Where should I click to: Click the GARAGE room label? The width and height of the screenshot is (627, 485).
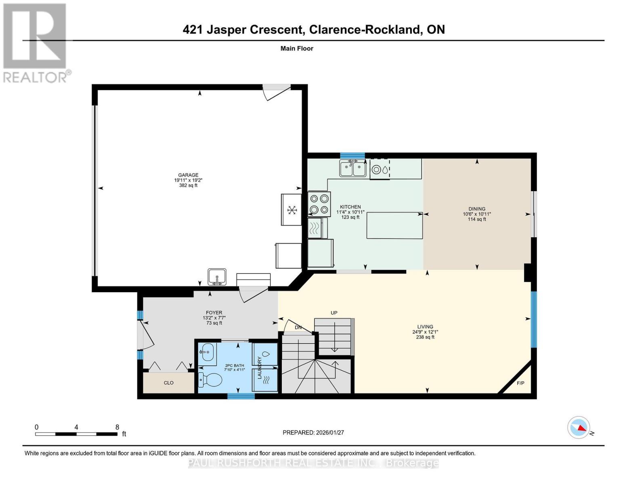coord(188,175)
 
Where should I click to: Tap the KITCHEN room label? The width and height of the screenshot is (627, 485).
coord(350,207)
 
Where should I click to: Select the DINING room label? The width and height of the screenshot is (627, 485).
coord(477,209)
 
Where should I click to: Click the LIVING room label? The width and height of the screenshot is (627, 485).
coord(425,327)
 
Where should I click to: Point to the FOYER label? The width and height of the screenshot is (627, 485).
coord(214,312)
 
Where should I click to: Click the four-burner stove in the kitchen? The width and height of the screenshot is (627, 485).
coord(319,204)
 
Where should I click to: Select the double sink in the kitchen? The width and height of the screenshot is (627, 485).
coord(352,169)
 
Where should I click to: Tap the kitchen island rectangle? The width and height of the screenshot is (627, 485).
coord(394,226)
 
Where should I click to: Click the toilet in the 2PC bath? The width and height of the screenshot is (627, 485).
coord(210,380)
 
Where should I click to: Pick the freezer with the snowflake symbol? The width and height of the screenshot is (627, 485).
coord(291,210)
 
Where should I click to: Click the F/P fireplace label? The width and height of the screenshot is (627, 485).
coord(520,383)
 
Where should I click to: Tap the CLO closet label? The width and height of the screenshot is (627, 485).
coord(169,383)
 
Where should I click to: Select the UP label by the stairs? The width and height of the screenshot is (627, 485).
coord(334,313)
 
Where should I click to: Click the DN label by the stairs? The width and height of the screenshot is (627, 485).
coord(298,327)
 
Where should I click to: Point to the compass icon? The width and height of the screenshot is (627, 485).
coord(579,427)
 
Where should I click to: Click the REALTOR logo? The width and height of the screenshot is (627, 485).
coord(35,42)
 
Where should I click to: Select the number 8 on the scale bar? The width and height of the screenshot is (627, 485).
coord(117,427)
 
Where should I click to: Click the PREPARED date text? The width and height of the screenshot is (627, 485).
coord(313,432)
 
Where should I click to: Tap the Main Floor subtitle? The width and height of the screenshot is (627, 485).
coord(297,48)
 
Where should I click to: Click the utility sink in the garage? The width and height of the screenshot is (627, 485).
coord(217,277)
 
